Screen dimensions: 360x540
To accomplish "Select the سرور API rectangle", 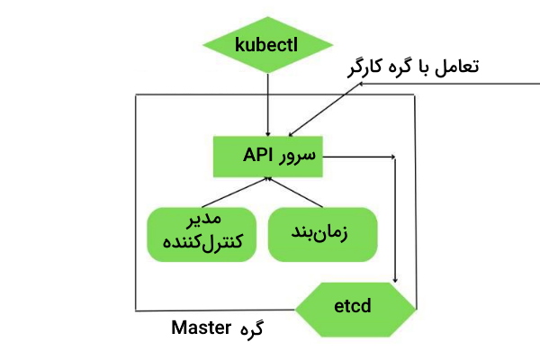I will (x=268, y=157).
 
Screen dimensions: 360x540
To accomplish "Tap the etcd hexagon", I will (x=357, y=309).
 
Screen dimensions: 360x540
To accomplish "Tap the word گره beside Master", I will (x=255, y=329).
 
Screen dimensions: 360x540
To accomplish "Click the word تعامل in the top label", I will (x=454, y=67).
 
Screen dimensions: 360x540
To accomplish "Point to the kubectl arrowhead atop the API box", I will (x=268, y=131).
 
